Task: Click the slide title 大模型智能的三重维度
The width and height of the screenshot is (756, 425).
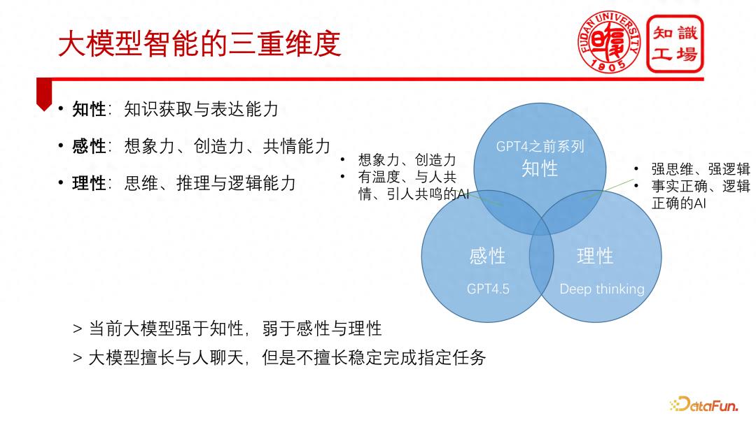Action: [199, 43]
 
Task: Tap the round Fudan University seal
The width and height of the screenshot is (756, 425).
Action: [609, 43]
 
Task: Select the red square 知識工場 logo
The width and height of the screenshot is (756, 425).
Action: [675, 44]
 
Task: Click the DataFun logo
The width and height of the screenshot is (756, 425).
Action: [703, 404]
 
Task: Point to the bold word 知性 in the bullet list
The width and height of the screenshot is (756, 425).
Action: [89, 109]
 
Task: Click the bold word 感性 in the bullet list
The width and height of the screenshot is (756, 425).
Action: [89, 146]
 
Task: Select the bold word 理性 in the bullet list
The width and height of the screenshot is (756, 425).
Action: [89, 183]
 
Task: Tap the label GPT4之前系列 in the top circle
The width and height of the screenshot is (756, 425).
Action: [540, 146]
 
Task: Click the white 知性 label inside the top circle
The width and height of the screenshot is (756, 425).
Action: [540, 169]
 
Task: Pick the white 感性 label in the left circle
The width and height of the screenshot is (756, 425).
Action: [487, 256]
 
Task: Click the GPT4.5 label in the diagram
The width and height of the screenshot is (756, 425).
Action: [488, 289]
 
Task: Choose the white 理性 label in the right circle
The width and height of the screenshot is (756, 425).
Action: [596, 256]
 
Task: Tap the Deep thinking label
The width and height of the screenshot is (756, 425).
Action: [602, 289]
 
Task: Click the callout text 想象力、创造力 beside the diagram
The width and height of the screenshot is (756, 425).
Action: [407, 160]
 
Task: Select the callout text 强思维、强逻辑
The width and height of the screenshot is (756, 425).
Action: [701, 169]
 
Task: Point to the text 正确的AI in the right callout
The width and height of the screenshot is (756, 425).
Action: [679, 203]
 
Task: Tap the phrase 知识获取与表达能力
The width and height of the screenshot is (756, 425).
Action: [202, 109]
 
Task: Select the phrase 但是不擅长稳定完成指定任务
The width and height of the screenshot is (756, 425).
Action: [374, 358]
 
